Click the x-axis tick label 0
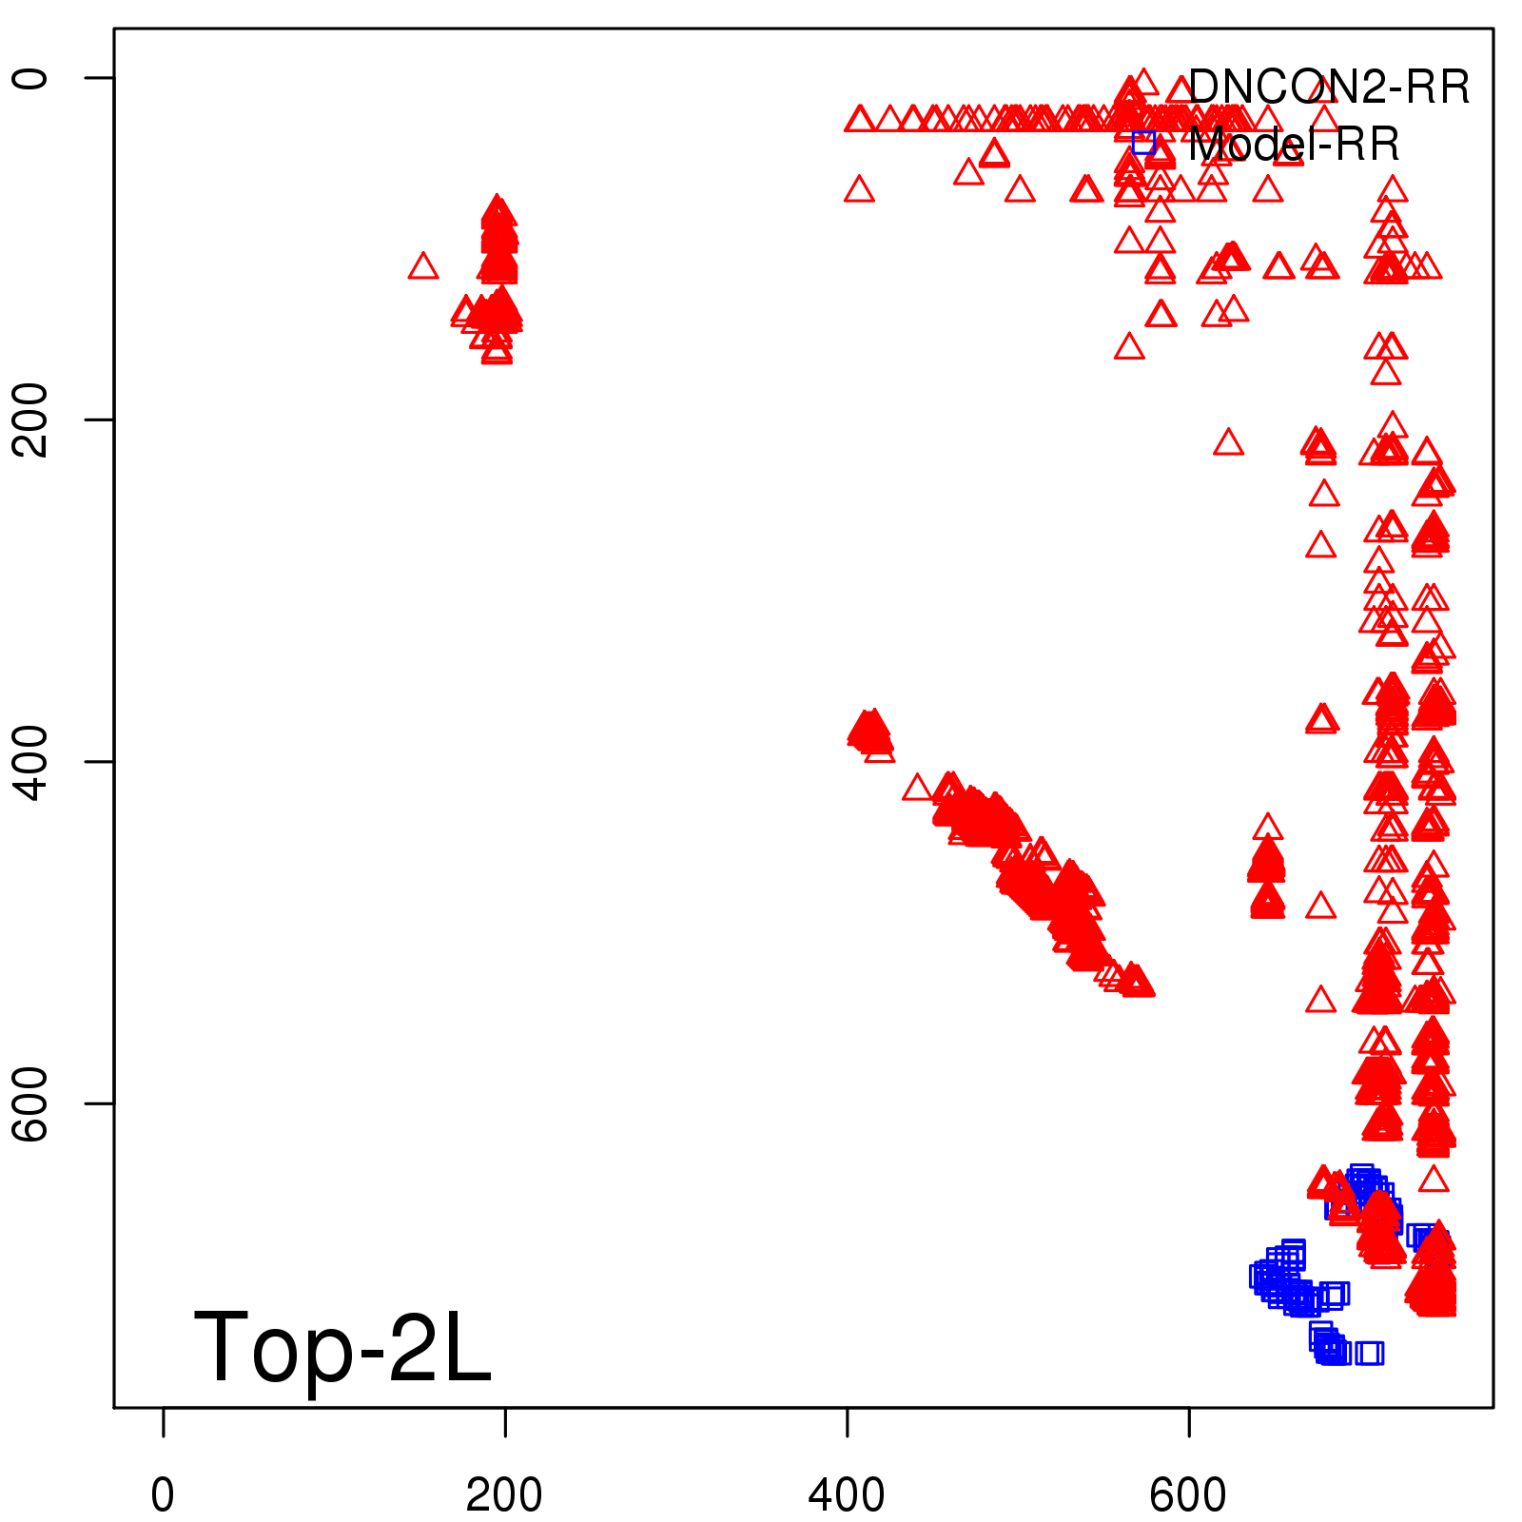pyautogui.click(x=163, y=1496)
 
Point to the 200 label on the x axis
pyautogui.click(x=504, y=1496)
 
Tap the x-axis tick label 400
pyautogui.click(x=847, y=1496)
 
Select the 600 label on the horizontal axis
pyautogui.click(x=1188, y=1496)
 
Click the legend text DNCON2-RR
pyautogui.click(x=1328, y=88)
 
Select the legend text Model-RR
pyautogui.click(x=1294, y=145)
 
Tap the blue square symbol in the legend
pyautogui.click(x=1144, y=143)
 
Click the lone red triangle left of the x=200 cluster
pyautogui.click(x=423, y=267)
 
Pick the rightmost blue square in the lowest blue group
pyautogui.click(x=1371, y=1353)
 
